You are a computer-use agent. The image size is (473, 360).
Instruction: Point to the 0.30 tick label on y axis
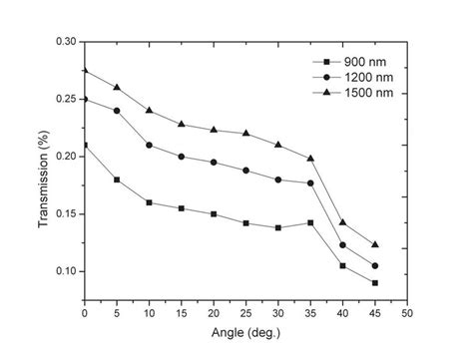click(63, 42)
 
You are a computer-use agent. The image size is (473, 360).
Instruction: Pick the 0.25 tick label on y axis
click(63, 100)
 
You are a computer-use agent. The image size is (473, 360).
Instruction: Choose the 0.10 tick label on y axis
click(63, 271)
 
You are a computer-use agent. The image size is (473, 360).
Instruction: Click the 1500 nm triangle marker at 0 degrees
click(85, 70)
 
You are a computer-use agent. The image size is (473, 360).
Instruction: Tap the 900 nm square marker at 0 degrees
click(85, 146)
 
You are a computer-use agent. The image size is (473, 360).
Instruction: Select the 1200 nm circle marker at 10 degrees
click(149, 146)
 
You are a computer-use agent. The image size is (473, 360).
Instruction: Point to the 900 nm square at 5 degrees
click(117, 180)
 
